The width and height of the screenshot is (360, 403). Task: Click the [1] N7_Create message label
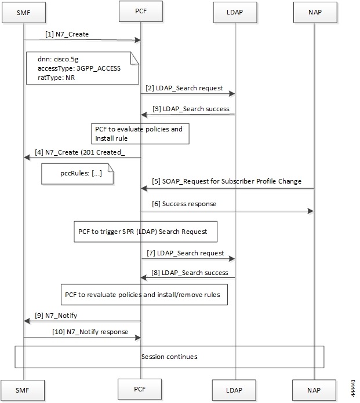pos(66,35)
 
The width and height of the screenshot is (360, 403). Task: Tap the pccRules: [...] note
pos(78,173)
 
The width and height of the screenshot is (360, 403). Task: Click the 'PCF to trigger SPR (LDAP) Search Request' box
pos(145,232)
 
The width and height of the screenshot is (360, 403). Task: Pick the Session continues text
pos(169,357)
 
